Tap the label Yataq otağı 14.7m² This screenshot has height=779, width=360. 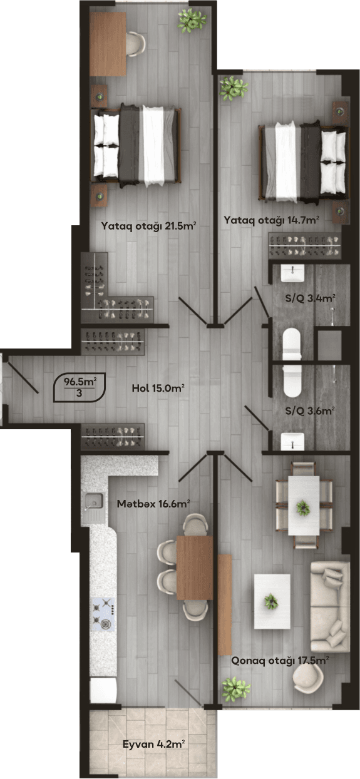(272, 220)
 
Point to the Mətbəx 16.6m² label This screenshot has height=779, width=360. (153, 502)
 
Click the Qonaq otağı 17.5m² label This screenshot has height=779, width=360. (280, 660)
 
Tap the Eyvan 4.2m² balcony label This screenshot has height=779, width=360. (153, 745)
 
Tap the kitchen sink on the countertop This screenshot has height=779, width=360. (95, 500)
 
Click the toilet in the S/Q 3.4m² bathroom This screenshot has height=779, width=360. (292, 344)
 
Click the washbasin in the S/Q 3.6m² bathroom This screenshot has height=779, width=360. (292, 440)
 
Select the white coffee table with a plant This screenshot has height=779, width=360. (272, 601)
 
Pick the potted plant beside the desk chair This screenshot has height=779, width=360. (192, 21)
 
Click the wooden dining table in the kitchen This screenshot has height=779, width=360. (195, 568)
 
